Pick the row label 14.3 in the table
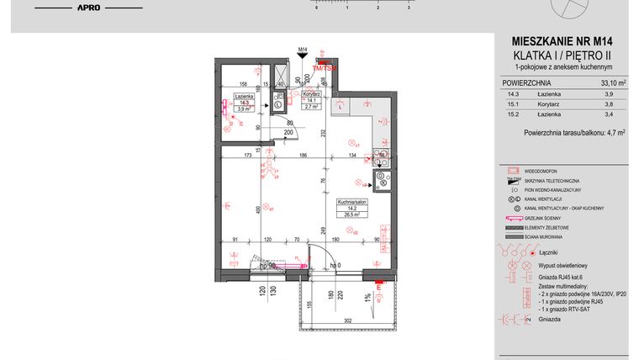coord(511,95)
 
